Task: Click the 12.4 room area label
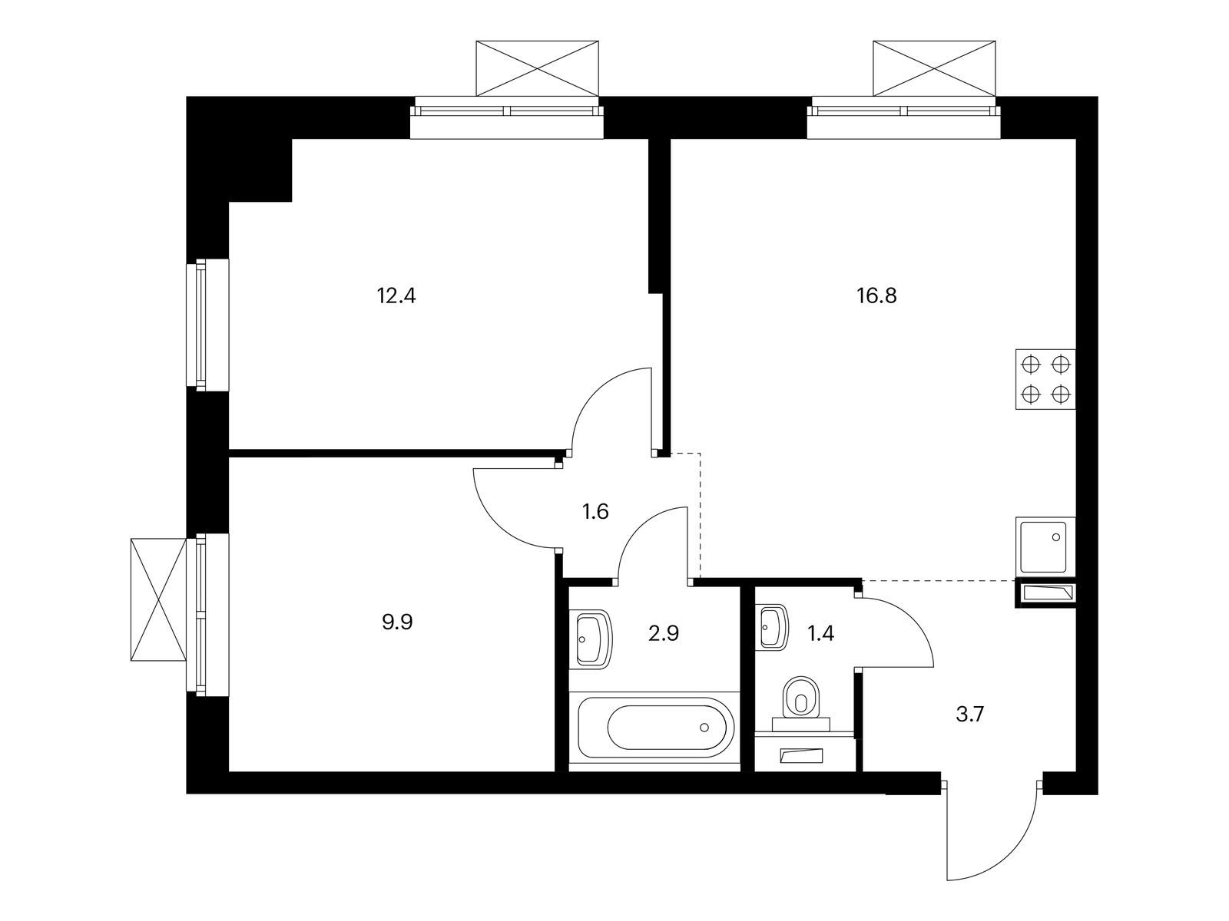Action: pyautogui.click(x=396, y=295)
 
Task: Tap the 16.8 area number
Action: pyautogui.click(x=876, y=295)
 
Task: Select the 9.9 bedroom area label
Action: pyautogui.click(x=397, y=622)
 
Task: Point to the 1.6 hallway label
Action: pyautogui.click(x=595, y=512)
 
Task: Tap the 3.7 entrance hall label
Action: pyautogui.click(x=969, y=715)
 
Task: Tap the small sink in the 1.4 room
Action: pyautogui.click(x=771, y=628)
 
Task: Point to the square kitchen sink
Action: pyautogui.click(x=1045, y=545)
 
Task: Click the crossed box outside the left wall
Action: pyautogui.click(x=159, y=599)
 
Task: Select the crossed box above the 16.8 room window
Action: pyautogui.click(x=935, y=68)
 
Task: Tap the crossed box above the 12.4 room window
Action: pyautogui.click(x=538, y=68)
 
